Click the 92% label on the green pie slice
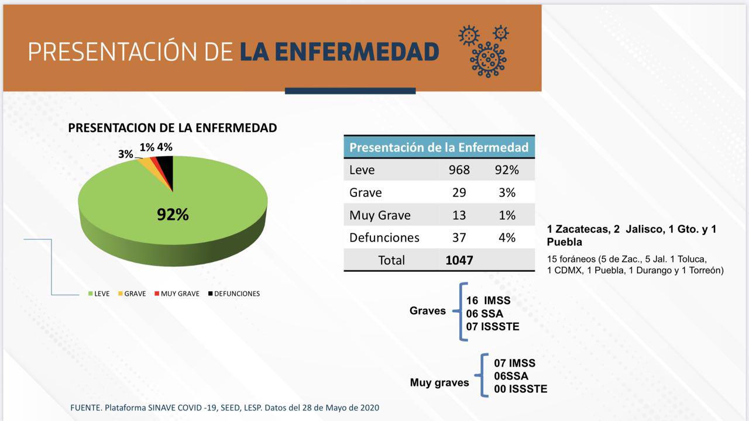[x=173, y=215]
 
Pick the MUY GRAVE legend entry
[x=176, y=294]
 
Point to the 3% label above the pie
[x=126, y=154]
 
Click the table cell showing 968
[x=459, y=170]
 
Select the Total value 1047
[x=459, y=260]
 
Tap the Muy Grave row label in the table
[x=380, y=215]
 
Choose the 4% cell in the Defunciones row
[x=506, y=237]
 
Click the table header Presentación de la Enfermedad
[x=439, y=147]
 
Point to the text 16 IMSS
[x=488, y=301]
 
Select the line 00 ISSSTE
[x=520, y=389]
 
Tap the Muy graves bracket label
[x=439, y=383]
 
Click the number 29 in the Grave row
[x=459, y=192]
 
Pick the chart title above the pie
[x=173, y=127]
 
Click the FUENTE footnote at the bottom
[x=225, y=407]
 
